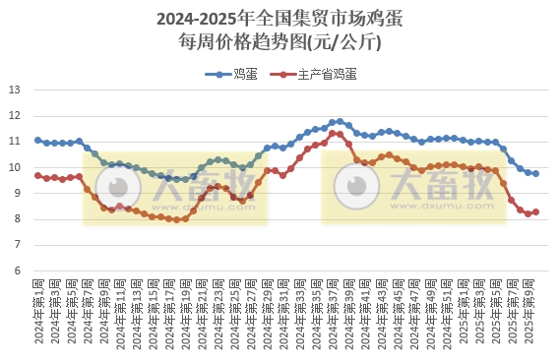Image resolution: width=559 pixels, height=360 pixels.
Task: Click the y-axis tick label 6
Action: (x=18, y=270)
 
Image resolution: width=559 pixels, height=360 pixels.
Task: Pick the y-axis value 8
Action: (x=18, y=218)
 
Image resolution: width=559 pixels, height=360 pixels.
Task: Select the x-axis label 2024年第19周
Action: (x=184, y=315)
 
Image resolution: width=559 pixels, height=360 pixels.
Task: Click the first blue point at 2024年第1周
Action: (x=38, y=140)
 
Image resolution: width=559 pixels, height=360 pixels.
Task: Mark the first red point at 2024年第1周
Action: (x=38, y=175)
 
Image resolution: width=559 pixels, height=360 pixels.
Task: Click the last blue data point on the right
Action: (x=535, y=173)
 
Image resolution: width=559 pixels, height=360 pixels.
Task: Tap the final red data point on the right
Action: (x=535, y=211)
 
